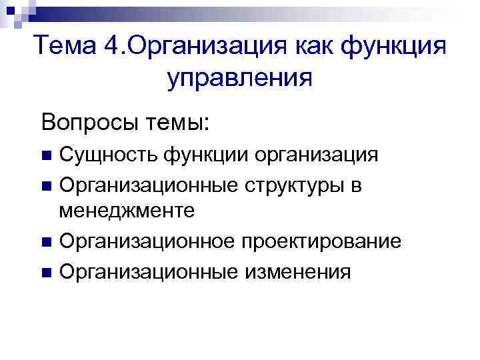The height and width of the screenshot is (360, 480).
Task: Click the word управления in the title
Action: pos(240,79)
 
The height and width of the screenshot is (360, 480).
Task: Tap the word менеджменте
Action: pos(127,211)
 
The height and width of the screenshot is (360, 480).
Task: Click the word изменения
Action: pos(293,272)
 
